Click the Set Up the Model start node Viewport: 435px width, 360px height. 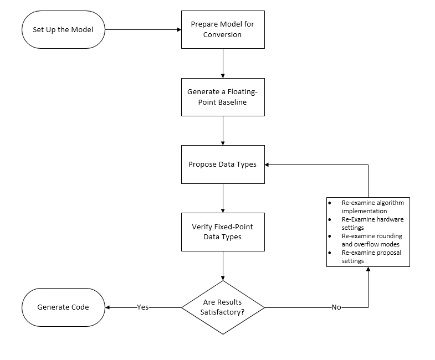(63, 29)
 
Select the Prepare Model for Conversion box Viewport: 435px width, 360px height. (223, 29)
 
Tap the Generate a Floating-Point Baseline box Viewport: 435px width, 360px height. (223, 97)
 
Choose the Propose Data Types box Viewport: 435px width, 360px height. (223, 164)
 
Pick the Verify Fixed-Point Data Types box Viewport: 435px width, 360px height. (223, 232)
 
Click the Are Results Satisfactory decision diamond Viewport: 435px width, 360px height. (223, 307)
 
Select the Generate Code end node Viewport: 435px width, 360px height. (63, 307)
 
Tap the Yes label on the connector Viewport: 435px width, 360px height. (143, 307)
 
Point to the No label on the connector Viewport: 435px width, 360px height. (336, 307)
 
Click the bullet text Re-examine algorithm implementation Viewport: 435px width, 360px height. (372, 207)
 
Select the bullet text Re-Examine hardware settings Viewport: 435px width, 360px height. (372, 223)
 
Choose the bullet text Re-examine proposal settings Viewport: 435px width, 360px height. (371, 256)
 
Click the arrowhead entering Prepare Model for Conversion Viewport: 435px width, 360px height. (178, 29)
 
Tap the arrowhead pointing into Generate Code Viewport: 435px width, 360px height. (108, 307)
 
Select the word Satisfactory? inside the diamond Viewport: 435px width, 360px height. (223, 312)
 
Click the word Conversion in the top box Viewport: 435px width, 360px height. (223, 34)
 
